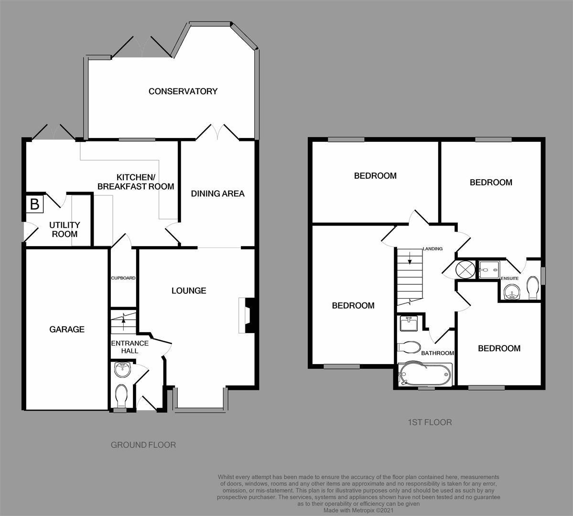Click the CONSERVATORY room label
(183, 91)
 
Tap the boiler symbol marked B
(35, 204)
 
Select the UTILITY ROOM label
(65, 229)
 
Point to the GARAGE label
(67, 329)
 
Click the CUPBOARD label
(123, 278)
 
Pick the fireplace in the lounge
(246, 315)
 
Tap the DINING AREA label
(218, 193)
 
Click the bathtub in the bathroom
(425, 374)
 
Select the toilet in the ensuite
(533, 288)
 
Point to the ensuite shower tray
(489, 269)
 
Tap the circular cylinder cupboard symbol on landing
(465, 270)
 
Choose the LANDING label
(432, 248)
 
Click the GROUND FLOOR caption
(143, 445)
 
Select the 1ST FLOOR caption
(430, 422)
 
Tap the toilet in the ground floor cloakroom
(120, 396)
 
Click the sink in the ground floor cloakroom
(122, 370)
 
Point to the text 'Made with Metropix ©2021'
(358, 510)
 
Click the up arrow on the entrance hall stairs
(123, 320)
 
